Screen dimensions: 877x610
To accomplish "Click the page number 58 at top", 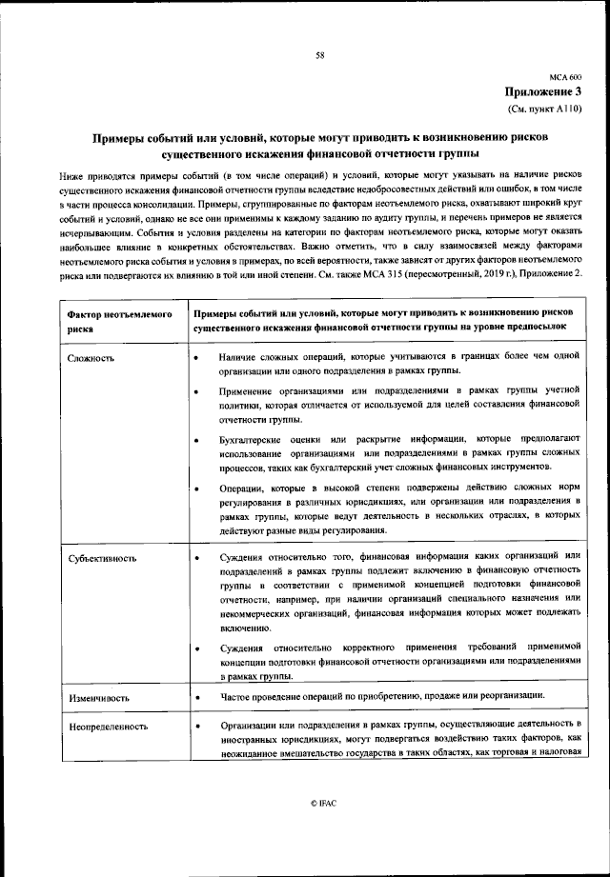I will tap(319, 56).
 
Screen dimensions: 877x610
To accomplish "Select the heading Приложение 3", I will tap(543, 91).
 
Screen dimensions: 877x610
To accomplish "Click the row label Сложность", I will tap(91, 358).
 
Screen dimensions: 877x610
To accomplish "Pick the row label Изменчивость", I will tap(99, 699).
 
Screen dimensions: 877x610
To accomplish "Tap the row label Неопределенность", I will tap(108, 726).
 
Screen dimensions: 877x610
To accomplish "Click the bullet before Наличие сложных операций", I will tap(195, 358).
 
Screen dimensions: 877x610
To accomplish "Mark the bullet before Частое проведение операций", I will tap(195, 699).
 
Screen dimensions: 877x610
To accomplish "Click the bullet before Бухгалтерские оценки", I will tap(195, 439).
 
